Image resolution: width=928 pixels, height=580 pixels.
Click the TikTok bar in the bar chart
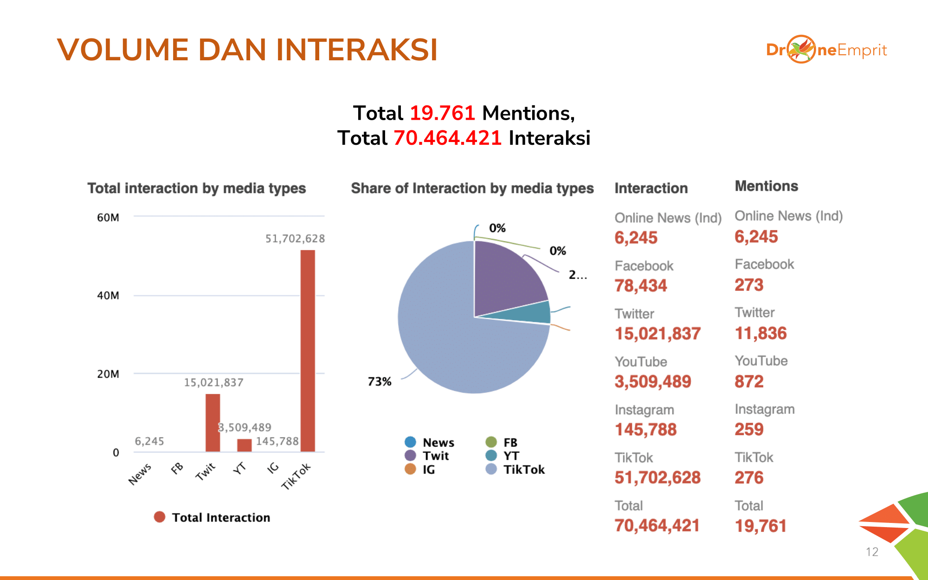point(308,350)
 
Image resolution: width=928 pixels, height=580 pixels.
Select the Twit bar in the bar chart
point(213,422)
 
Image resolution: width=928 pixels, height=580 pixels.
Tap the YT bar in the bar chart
point(245,445)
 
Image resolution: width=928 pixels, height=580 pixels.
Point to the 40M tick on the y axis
point(108,296)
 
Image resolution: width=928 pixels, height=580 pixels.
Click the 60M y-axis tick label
point(108,218)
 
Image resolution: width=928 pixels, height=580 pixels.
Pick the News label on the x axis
point(140,474)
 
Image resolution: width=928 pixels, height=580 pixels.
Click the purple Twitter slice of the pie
point(506,278)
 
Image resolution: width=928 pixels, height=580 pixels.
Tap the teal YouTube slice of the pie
point(534,313)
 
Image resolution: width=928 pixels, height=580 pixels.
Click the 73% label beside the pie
point(380,381)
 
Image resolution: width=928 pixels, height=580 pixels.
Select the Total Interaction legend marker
point(160,517)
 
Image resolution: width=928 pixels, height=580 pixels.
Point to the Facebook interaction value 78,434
point(640,286)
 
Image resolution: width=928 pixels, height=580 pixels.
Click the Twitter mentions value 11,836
point(760,333)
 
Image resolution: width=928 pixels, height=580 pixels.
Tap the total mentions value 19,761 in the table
point(760,526)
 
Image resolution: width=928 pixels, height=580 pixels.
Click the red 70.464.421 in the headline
point(447,138)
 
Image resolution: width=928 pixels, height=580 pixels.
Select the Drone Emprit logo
point(826,49)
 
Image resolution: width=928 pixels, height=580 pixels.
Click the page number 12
point(872,552)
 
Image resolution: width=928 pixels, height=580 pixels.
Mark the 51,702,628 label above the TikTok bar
point(295,238)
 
